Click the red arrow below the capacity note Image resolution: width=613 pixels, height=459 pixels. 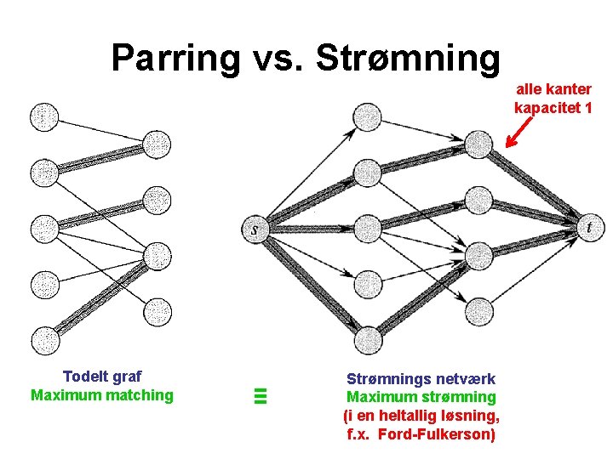[518, 132]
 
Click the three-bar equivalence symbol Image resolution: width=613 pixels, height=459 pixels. [261, 394]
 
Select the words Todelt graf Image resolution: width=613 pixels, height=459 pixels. [102, 377]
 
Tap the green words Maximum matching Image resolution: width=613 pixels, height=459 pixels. [102, 394]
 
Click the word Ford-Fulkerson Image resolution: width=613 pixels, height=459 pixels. [446, 434]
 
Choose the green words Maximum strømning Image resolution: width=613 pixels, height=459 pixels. [421, 397]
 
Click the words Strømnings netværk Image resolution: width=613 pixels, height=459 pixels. [421, 378]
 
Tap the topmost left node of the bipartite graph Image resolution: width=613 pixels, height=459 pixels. [43, 116]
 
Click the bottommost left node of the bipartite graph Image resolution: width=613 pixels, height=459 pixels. [43, 339]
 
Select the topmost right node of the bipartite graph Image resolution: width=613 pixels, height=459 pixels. [157, 144]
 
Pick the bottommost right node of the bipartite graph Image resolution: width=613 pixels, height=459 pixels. [157, 312]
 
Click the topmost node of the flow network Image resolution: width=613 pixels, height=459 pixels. [367, 116]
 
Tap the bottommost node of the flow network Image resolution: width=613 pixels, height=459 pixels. [367, 340]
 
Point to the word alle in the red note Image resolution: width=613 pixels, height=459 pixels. [531, 89]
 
